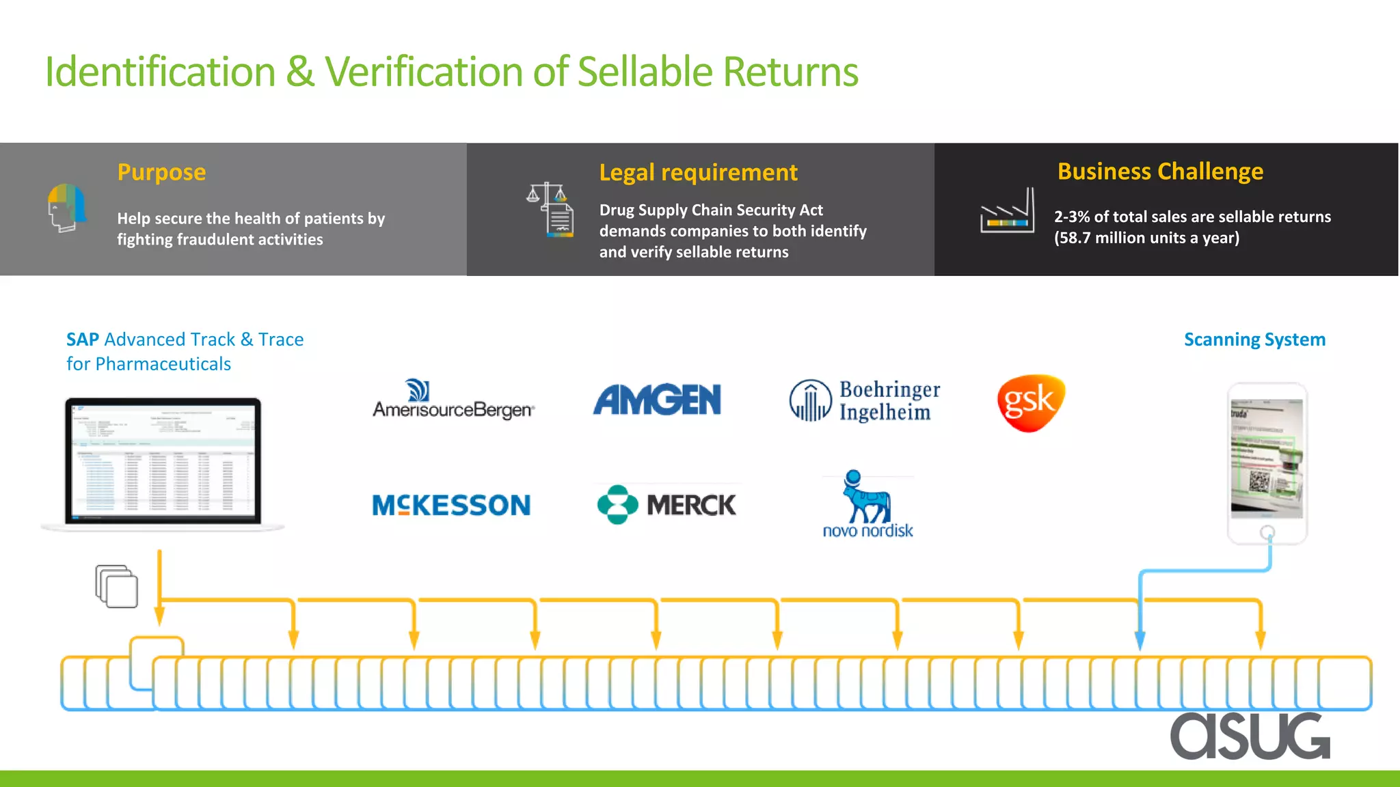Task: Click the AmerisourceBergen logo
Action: point(453,400)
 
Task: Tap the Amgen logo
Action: point(657,400)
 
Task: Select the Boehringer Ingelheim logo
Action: point(865,401)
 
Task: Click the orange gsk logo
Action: point(1031,402)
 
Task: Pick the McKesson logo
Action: point(451,506)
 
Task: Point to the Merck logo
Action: point(667,505)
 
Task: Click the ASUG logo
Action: point(1250,736)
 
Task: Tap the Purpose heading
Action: point(161,172)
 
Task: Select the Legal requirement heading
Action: point(698,173)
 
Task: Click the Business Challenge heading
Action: point(1160,171)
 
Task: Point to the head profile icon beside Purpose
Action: point(67,208)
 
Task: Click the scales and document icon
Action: point(551,209)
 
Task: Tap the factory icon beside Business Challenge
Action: point(1007,211)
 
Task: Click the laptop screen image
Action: point(163,461)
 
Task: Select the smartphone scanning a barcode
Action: point(1267,463)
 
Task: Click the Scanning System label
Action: point(1254,340)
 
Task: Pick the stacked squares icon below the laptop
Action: point(117,586)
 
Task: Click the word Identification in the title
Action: point(160,72)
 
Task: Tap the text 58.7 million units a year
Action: point(1146,238)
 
